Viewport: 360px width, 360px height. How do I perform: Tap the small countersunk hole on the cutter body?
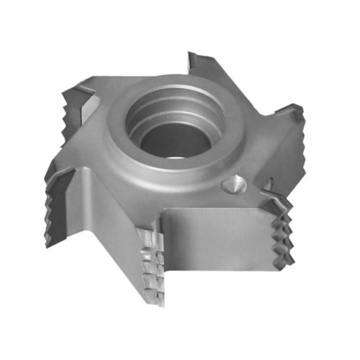pos(233,185)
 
